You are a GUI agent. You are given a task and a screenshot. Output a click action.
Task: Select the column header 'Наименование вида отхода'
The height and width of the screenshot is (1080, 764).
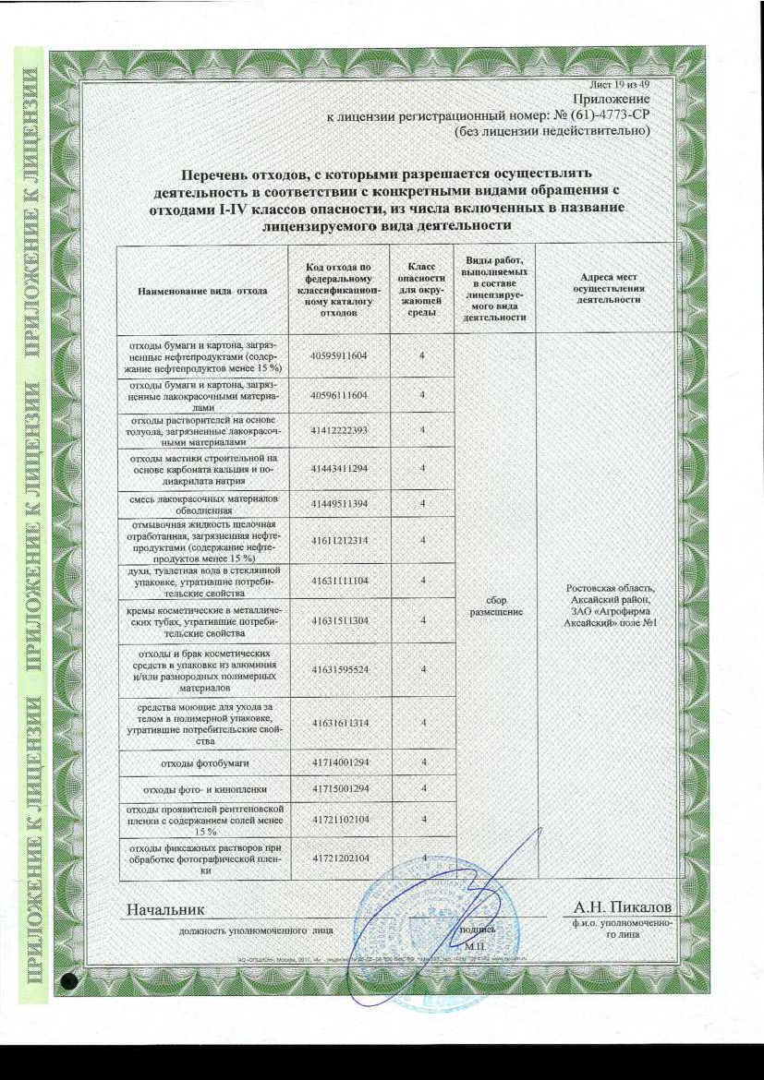202,290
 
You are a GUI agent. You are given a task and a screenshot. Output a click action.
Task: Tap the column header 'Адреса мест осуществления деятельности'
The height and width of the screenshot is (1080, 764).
606,289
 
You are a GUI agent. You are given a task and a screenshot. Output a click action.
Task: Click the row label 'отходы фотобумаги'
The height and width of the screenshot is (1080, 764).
202,762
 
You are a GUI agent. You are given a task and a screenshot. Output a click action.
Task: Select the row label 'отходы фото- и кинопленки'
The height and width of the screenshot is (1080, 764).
202,790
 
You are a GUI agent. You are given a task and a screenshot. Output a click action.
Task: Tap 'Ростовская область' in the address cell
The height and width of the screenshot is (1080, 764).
610,589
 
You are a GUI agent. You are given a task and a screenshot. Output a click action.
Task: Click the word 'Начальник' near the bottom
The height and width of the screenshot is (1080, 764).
164,911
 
